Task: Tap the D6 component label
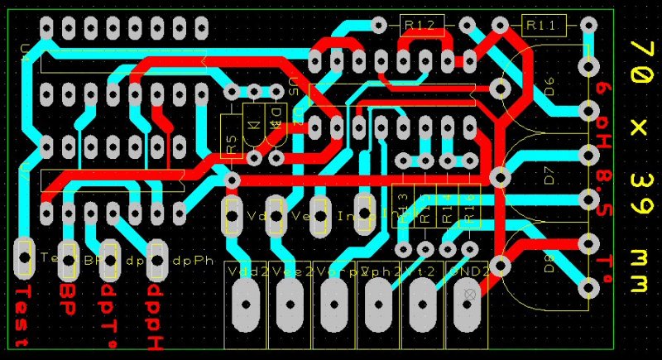point(549,85)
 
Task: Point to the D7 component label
point(549,175)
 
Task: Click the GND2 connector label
point(468,271)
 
